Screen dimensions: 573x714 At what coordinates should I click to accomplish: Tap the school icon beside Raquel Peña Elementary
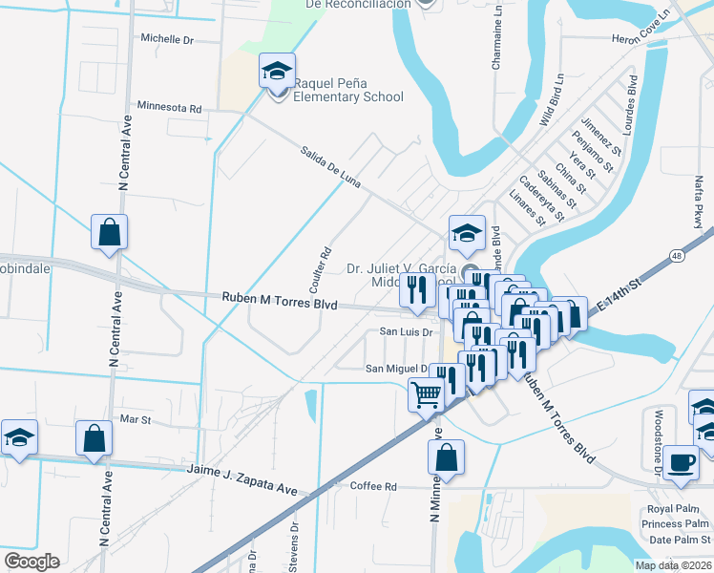pos(277,73)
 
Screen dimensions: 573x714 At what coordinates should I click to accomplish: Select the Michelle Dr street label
pos(167,40)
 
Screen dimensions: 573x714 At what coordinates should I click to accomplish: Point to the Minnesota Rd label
pos(169,107)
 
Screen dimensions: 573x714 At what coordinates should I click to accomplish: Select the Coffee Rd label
pos(373,486)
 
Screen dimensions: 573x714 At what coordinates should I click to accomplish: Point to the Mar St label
pos(136,419)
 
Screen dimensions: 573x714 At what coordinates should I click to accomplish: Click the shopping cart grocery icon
pos(426,393)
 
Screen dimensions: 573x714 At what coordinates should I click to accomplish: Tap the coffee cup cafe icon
pos(682,462)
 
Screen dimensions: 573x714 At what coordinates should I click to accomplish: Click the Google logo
pos(31,561)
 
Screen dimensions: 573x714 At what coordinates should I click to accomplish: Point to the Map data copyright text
pos(674,565)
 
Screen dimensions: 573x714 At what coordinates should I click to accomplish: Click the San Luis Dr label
pos(408,332)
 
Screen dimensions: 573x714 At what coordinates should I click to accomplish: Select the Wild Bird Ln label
pos(553,100)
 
